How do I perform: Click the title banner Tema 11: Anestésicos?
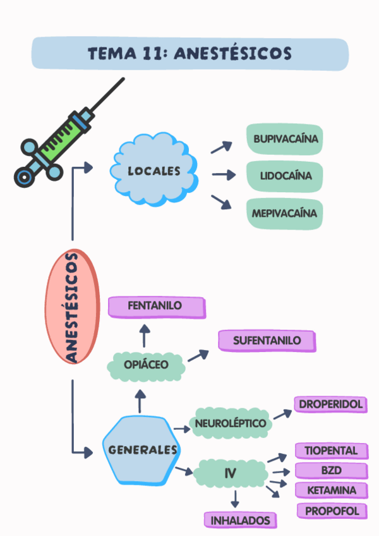click(x=189, y=53)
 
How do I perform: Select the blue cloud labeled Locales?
click(x=154, y=171)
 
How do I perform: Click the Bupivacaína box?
click(x=286, y=139)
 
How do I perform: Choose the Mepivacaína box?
click(x=284, y=214)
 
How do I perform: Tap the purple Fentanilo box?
click(x=156, y=307)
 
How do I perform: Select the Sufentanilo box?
click(x=267, y=341)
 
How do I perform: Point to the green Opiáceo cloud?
click(x=146, y=365)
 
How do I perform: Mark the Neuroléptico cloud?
click(x=231, y=423)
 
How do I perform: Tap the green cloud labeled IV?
click(x=231, y=473)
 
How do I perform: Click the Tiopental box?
click(x=331, y=451)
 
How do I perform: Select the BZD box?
click(x=331, y=471)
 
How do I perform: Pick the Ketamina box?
click(x=331, y=490)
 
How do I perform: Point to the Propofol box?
click(x=331, y=511)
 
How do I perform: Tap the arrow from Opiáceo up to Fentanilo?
click(x=145, y=337)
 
